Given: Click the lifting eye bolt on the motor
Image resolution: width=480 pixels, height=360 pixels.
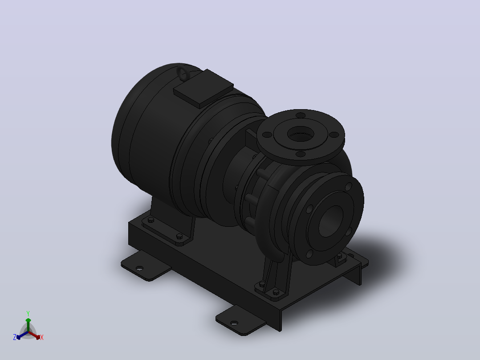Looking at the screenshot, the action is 183,74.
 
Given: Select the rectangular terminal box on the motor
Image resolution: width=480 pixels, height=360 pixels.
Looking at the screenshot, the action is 203,89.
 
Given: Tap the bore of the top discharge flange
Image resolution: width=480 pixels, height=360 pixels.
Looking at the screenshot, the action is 301,134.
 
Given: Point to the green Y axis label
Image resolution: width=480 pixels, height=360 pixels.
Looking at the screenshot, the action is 28,313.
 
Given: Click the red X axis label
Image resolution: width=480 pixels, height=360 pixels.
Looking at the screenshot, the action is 42,337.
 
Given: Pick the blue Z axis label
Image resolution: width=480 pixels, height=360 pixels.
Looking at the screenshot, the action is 15,337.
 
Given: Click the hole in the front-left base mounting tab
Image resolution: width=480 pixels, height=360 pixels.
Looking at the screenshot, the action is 139,268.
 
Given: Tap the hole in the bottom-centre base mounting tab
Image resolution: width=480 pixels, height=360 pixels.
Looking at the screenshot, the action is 234,323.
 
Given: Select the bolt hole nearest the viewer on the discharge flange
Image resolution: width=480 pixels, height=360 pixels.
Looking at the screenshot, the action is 301,154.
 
